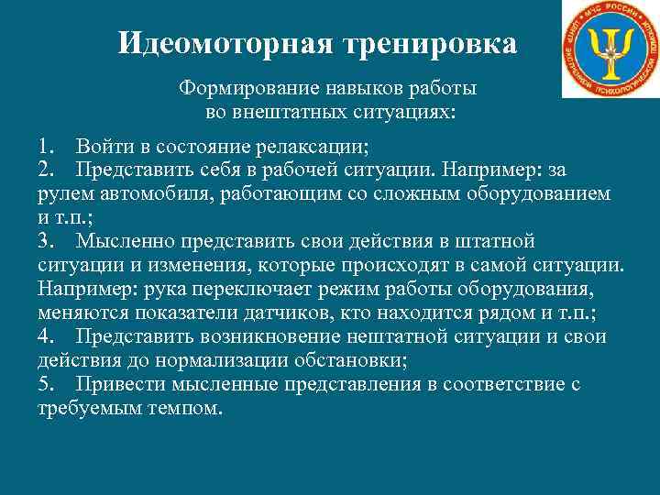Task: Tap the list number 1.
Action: click(x=46, y=147)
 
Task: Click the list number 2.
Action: click(x=46, y=170)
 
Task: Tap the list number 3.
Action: click(x=46, y=242)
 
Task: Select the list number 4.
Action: click(x=46, y=337)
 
